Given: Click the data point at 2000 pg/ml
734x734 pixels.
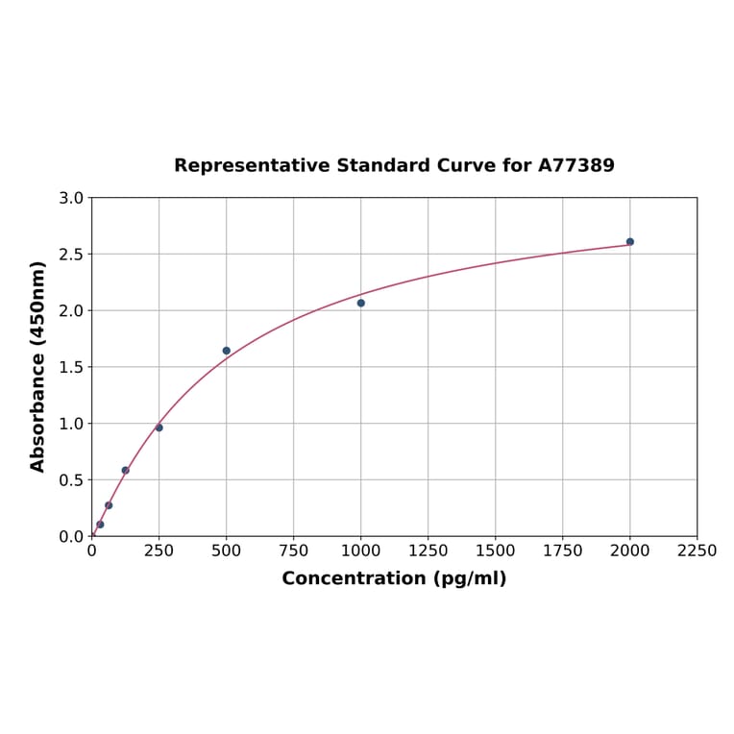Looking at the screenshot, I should (x=630, y=242).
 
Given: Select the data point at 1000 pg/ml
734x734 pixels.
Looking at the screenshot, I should (x=361, y=303).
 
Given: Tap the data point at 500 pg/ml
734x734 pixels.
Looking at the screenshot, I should (x=227, y=351).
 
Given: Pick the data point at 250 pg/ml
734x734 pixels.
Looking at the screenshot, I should (x=159, y=428).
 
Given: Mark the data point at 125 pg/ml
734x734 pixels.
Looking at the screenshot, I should (x=126, y=471).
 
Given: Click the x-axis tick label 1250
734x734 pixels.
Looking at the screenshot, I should (x=428, y=550).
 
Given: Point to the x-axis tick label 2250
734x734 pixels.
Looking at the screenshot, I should (x=697, y=550).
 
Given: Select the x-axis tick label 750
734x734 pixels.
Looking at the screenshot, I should (x=294, y=550).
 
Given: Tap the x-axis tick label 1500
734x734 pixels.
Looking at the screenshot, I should (x=496, y=550).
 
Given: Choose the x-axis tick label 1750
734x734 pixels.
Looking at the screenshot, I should (x=563, y=550).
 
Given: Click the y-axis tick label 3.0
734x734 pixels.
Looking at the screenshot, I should (x=71, y=198).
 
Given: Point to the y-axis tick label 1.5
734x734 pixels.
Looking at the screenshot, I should (x=71, y=367).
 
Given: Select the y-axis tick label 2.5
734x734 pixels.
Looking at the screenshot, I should (x=71, y=255).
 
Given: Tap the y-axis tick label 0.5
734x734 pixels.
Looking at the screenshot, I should (x=71, y=480).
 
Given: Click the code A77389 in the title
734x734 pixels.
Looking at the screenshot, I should (x=575, y=166).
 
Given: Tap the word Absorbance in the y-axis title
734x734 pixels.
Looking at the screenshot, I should (x=38, y=399).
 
